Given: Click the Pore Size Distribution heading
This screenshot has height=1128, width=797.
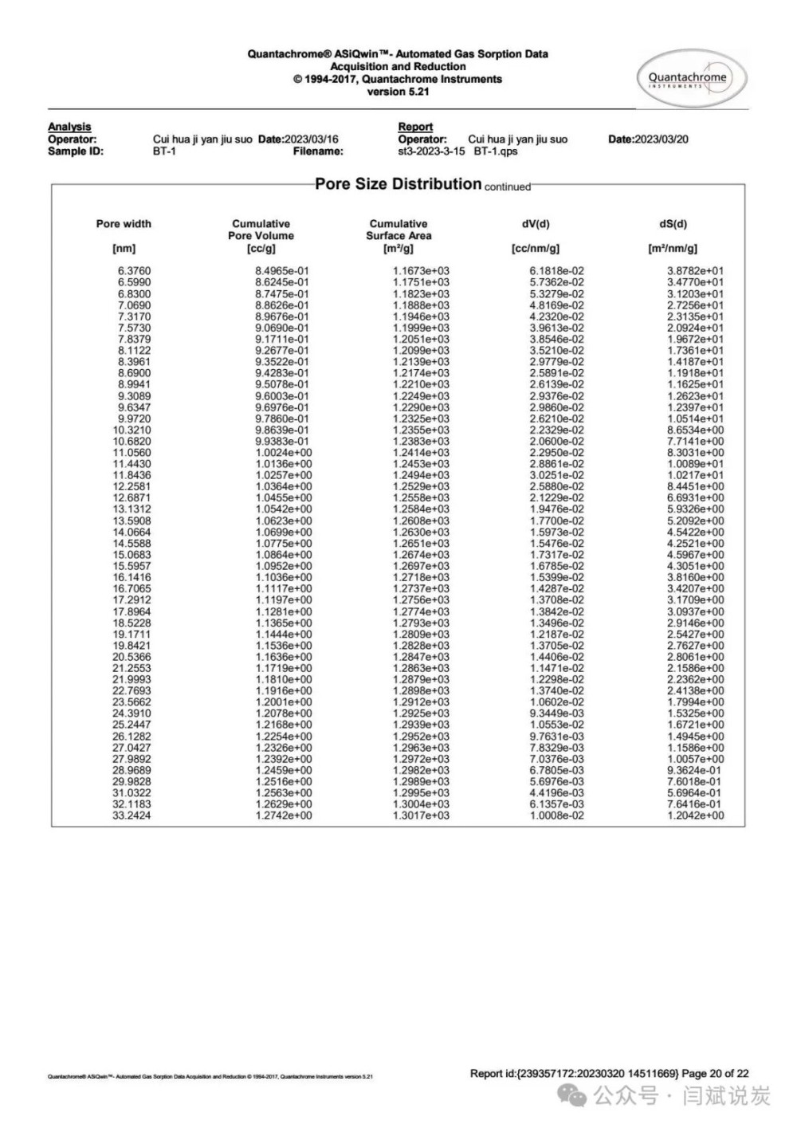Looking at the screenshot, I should (398, 184).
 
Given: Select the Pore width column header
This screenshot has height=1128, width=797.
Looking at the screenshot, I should (124, 224).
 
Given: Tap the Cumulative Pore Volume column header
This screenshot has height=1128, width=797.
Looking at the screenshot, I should (261, 230).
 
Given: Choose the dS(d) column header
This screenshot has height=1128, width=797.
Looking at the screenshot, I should (673, 224).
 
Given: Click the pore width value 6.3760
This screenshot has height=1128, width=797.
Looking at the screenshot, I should (134, 271).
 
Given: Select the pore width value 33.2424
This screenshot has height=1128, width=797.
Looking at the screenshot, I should (132, 816).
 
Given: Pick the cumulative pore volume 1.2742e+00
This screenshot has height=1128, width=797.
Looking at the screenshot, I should (284, 816).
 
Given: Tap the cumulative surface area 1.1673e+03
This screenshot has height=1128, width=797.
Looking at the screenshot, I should (421, 271).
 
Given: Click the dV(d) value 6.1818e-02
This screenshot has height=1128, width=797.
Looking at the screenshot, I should (556, 271).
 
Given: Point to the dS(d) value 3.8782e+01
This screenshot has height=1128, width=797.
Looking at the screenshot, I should (695, 271).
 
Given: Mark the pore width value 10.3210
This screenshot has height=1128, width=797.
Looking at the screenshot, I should (132, 430).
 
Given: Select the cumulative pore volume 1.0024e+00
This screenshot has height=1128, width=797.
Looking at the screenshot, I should (284, 453).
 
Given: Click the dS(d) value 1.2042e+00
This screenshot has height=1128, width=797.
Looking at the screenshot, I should (695, 816).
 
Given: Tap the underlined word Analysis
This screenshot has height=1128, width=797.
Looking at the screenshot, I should (69, 127).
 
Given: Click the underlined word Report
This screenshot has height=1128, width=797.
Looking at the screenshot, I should (415, 127).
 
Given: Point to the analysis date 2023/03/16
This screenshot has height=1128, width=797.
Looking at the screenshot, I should (312, 140).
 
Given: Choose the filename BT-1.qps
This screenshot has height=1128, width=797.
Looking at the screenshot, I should (495, 151).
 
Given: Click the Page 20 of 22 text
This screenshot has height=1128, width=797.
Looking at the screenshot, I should (715, 1073).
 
